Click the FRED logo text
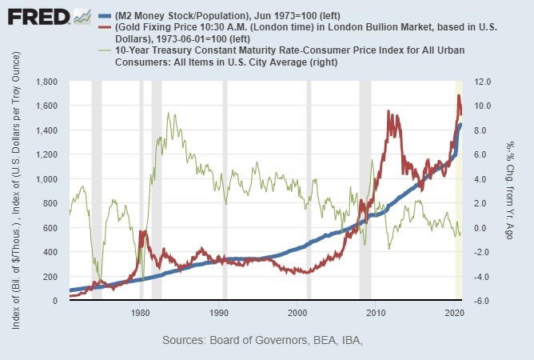pos(35,17)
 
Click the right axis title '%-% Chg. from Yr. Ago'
pos(509,191)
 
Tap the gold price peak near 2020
pos(459,96)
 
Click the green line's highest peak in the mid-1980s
pos(167,114)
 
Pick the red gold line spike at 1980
pos(141,233)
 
